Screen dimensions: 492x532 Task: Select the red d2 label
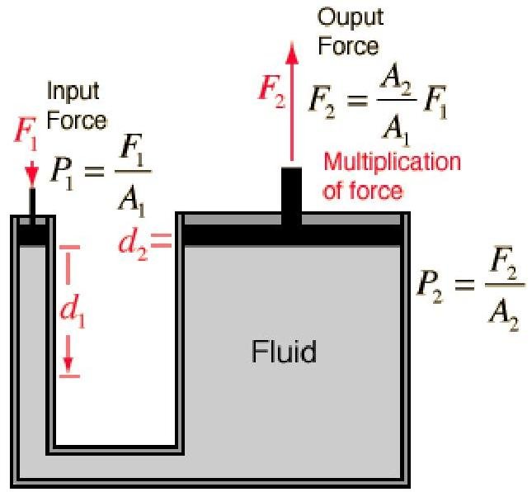click(134, 244)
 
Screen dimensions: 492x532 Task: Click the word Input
click(73, 90)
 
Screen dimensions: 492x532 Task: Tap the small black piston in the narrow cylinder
click(32, 234)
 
